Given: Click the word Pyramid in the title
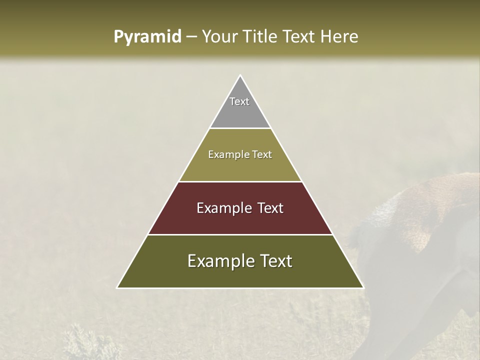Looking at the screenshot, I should click(147, 37).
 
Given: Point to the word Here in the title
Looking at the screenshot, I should click(340, 36).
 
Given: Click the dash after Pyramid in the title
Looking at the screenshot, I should click(190, 37).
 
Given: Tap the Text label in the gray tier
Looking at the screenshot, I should click(239, 101).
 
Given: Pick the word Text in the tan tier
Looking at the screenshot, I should click(262, 154).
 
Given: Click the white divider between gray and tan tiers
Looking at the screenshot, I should click(240, 128).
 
